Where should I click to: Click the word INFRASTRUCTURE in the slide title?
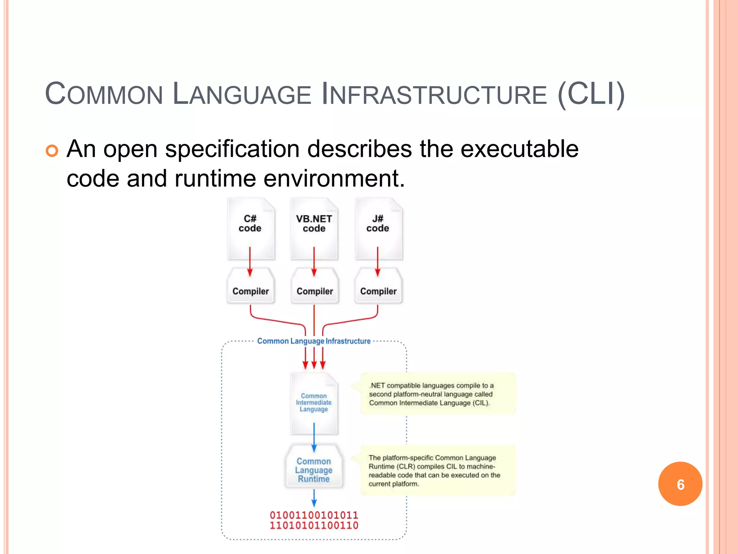tap(434, 94)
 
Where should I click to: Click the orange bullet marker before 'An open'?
tap(52, 151)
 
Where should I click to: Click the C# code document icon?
tap(250, 228)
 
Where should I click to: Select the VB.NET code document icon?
tap(314, 228)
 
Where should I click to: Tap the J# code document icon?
tap(378, 228)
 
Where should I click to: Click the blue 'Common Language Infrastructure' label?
tap(314, 341)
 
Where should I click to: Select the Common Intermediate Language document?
tap(314, 403)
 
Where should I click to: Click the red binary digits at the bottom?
tap(314, 520)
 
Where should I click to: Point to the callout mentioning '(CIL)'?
tap(438, 394)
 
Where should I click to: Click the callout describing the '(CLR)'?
tap(438, 470)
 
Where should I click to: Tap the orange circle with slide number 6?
tap(680, 484)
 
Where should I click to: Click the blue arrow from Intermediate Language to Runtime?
tap(314, 437)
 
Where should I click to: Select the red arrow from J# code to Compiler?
tap(378, 261)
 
